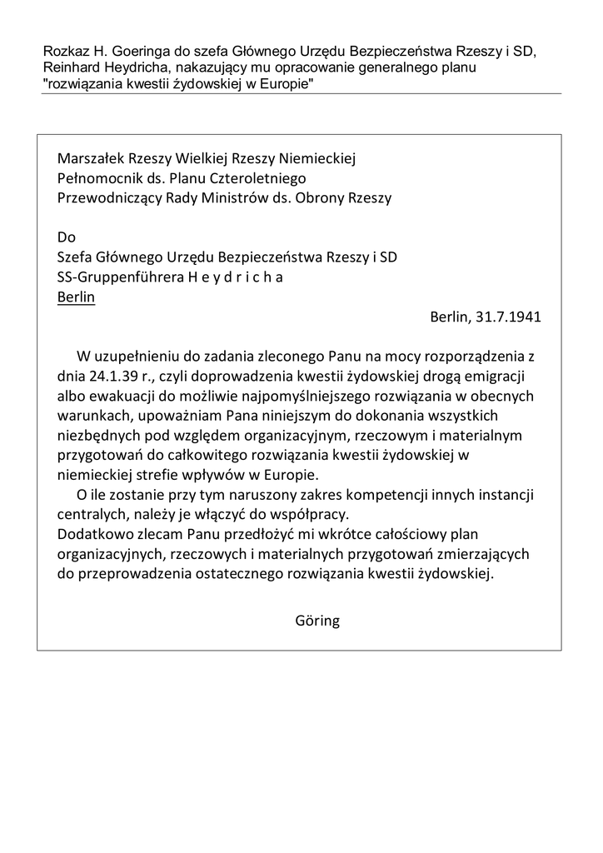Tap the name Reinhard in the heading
(72, 67)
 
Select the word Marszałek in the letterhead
(88, 158)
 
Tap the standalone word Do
(67, 237)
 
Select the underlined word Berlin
(76, 297)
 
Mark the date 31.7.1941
(509, 317)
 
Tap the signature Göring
(317, 621)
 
